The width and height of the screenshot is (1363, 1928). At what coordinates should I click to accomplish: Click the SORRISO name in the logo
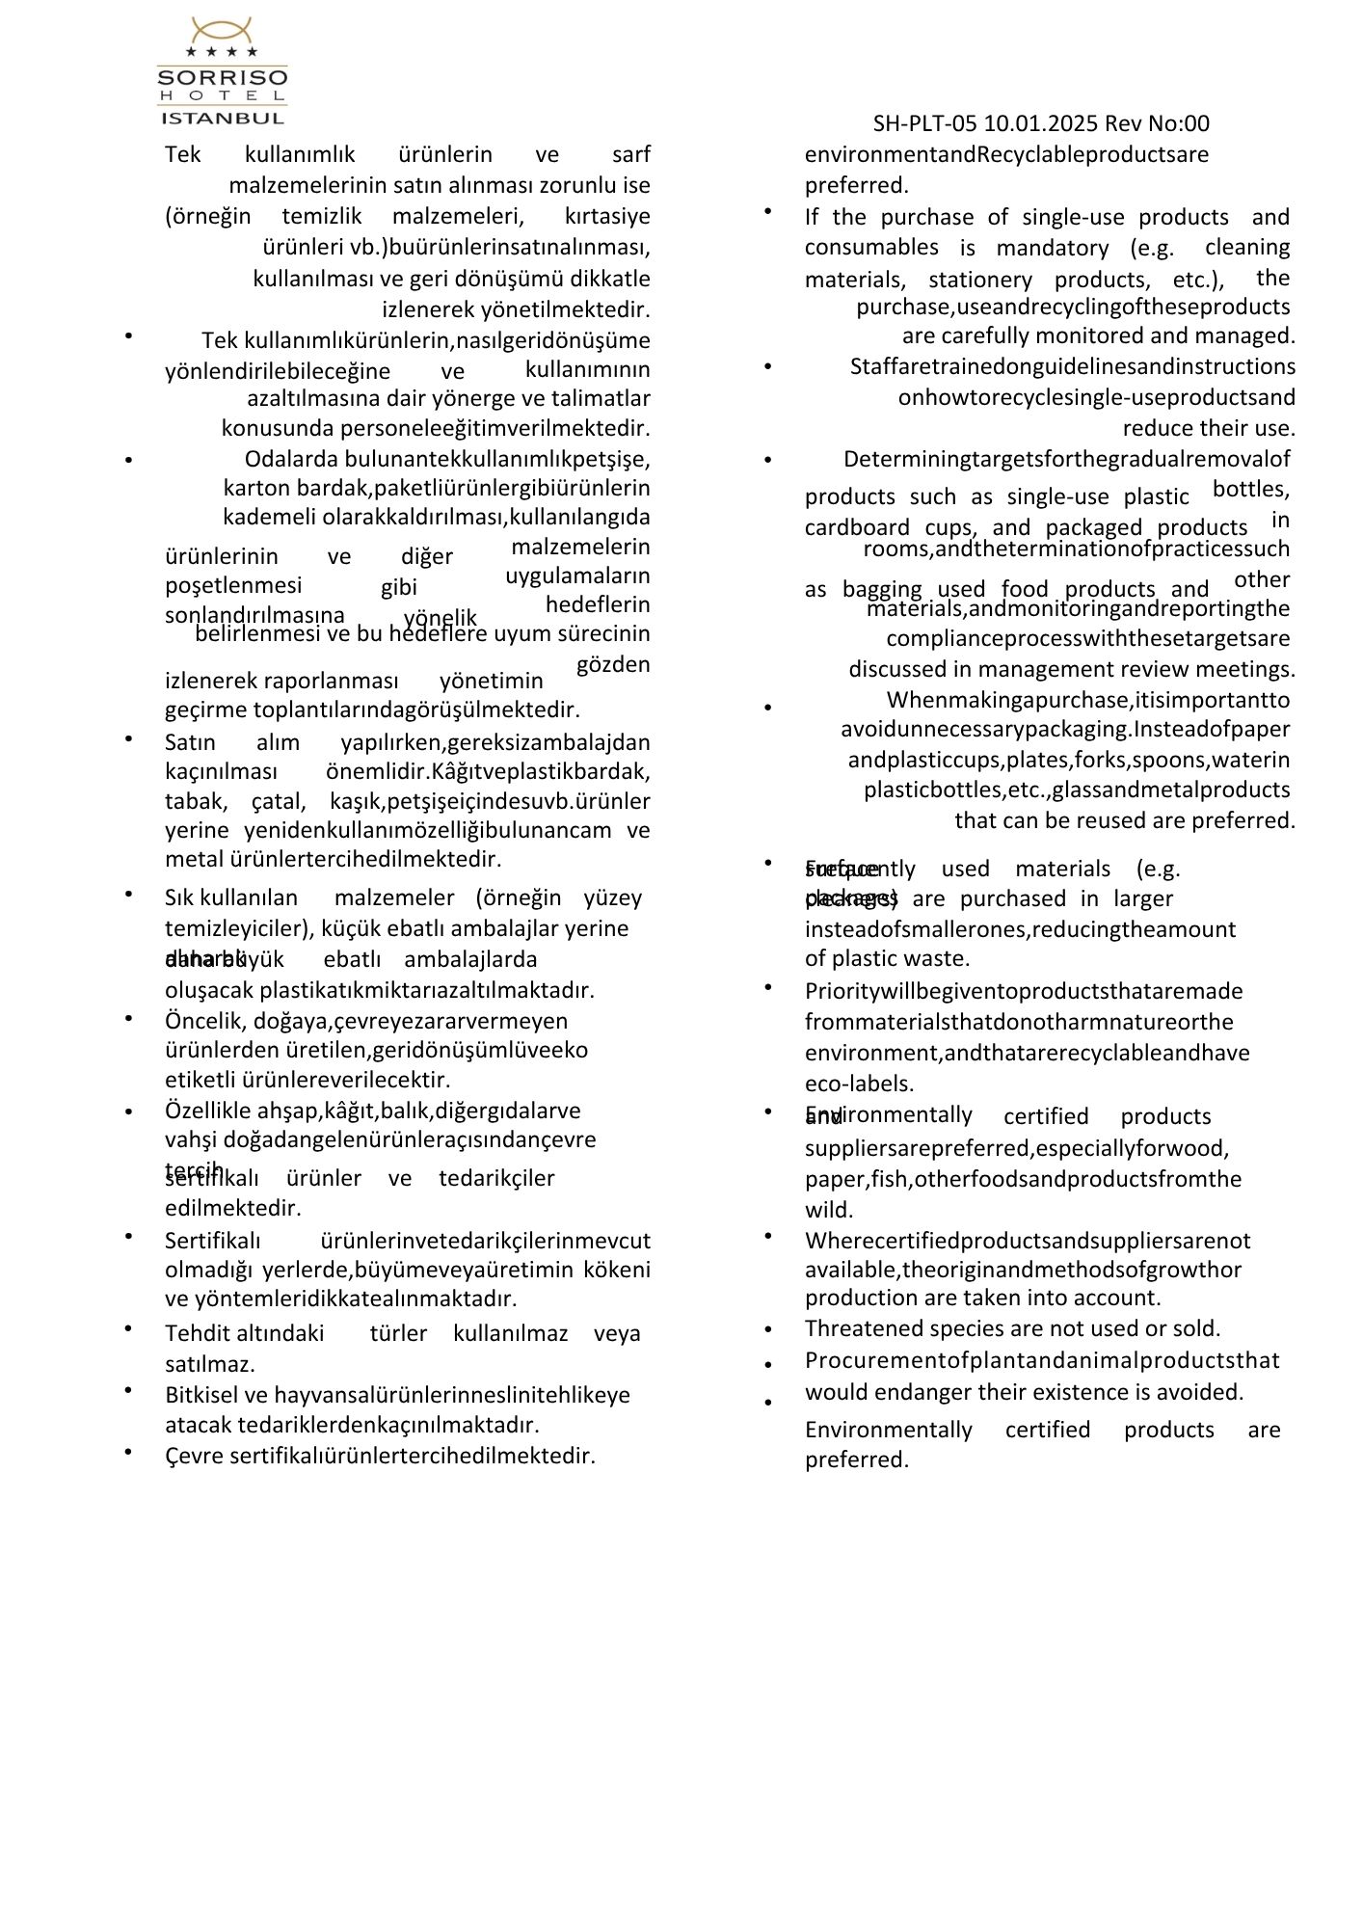coord(222,76)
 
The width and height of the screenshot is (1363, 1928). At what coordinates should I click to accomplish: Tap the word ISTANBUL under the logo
coord(222,119)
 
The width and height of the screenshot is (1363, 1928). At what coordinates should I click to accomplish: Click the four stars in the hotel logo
coord(222,51)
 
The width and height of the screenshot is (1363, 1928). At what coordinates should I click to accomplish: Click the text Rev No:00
coord(1157,123)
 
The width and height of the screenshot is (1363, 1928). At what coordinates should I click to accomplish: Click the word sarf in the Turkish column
coord(630,154)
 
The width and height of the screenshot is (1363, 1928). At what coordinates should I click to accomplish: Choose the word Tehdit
coord(197,1334)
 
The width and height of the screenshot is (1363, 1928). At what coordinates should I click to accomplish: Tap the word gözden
coord(613,664)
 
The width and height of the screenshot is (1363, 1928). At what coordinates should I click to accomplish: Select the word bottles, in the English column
coord(1250,489)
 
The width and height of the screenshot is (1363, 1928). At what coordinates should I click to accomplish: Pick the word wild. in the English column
coord(829,1210)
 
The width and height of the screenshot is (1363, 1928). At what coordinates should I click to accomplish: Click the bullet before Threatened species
coord(768,1330)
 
